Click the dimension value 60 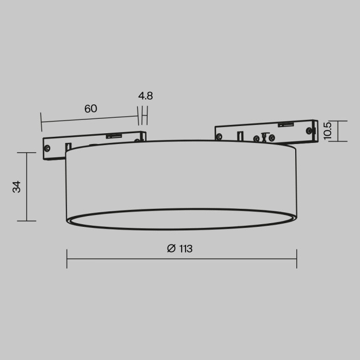(91, 109)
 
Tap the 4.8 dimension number (146, 96)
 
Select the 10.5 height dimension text (328, 131)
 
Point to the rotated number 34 (17, 187)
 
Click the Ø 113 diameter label (180, 249)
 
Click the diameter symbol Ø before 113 (171, 249)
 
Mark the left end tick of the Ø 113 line (67, 259)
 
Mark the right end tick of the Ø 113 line (297, 259)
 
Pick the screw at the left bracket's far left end (47, 148)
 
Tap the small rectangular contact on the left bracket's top (114, 136)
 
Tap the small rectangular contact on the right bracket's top (285, 124)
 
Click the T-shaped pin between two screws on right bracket (264, 137)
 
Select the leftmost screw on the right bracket (220, 137)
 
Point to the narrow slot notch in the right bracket (240, 136)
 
